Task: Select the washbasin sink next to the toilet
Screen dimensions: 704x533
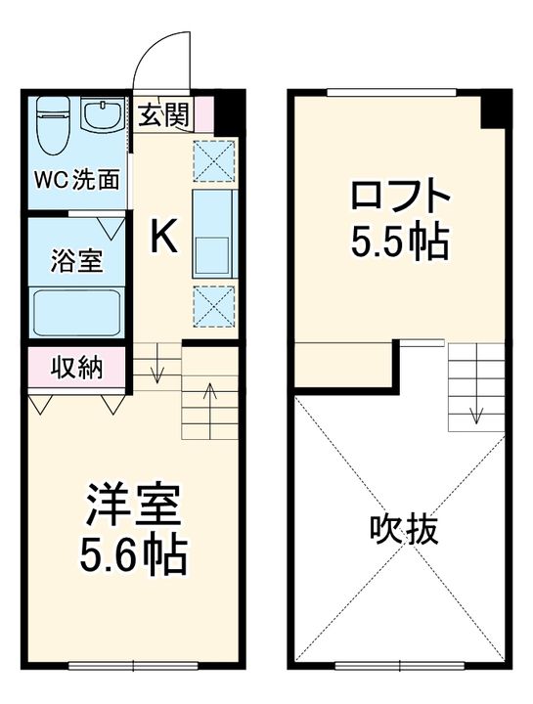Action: coord(99,117)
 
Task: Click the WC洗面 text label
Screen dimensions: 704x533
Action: coord(78,180)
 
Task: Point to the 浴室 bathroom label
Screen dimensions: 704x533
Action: coord(76,262)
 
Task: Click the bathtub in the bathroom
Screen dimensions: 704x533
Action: coord(76,311)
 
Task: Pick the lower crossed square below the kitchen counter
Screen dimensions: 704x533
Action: coord(213,305)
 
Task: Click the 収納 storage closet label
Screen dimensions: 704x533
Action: coord(76,370)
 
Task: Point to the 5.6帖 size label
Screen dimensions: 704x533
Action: coord(132,557)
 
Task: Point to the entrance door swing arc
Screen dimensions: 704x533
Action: coord(160,49)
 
